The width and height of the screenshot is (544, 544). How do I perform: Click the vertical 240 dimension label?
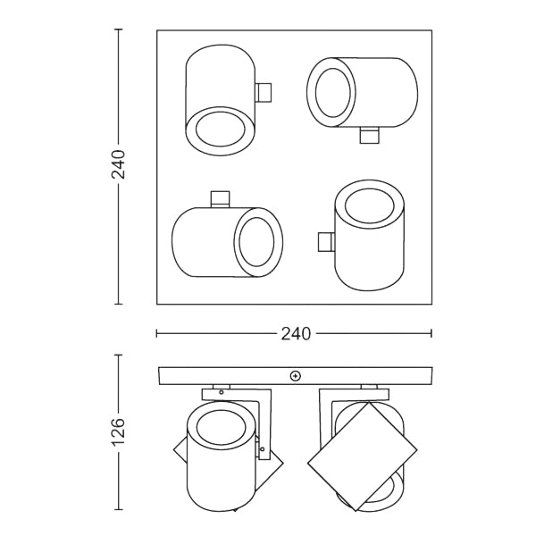pos(119,165)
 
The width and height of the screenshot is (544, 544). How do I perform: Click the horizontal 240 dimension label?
pos(296,334)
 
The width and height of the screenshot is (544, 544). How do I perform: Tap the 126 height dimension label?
pos(119,432)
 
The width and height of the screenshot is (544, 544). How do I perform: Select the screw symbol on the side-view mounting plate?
pos(296,376)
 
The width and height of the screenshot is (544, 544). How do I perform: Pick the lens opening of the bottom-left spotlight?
pos(258,241)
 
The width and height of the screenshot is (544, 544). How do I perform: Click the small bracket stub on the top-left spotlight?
pos(264,92)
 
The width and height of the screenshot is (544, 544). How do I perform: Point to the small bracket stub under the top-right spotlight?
pos(369,134)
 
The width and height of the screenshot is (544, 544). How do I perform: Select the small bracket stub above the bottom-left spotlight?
pos(220,198)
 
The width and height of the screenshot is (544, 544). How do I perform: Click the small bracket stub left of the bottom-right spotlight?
pos(326,241)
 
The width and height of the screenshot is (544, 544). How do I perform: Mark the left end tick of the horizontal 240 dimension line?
pos(157,334)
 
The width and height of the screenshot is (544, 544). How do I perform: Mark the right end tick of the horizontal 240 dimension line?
pos(432,334)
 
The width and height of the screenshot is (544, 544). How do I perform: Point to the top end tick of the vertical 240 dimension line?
pos(119,29)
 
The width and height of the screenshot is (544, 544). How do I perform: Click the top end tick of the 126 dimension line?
pos(119,356)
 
